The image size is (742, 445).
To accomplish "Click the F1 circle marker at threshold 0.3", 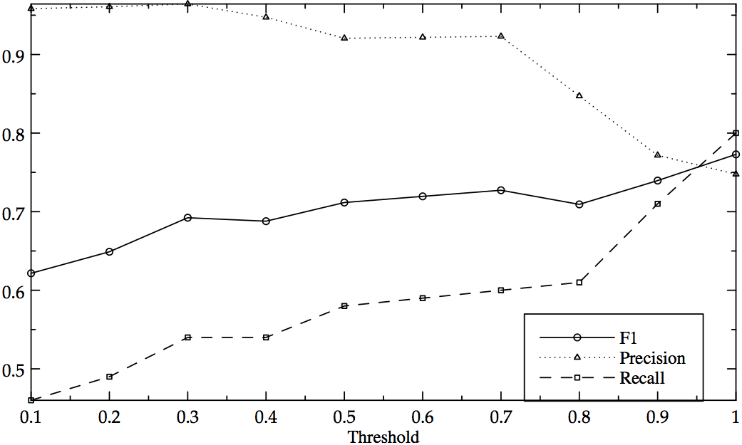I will click(187, 217).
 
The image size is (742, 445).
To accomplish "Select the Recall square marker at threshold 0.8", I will click(579, 282).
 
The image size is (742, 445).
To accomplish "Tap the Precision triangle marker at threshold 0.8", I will click(579, 95).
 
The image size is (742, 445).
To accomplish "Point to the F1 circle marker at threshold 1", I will click(736, 154).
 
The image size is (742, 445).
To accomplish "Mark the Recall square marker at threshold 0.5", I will click(344, 305).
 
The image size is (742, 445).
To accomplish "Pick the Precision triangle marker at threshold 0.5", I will click(344, 37).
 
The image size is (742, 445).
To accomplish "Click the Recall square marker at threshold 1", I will click(736, 132).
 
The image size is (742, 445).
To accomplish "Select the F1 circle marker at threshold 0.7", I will click(501, 190).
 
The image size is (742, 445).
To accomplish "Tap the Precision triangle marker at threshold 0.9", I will click(658, 155).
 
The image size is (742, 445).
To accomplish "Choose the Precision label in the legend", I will click(652, 357).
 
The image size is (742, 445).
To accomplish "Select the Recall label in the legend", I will click(642, 378).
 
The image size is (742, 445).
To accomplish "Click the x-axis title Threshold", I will click(383, 436).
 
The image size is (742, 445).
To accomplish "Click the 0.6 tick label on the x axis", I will click(423, 415).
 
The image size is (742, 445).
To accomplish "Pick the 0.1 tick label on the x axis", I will click(31, 415).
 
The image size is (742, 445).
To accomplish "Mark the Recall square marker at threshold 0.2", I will click(109, 376).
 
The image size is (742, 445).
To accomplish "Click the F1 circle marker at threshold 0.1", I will click(31, 273).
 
